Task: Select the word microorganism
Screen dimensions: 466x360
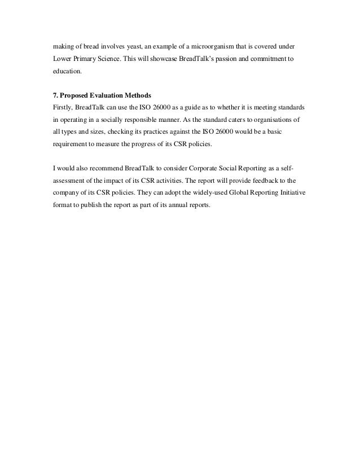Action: (201, 45)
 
